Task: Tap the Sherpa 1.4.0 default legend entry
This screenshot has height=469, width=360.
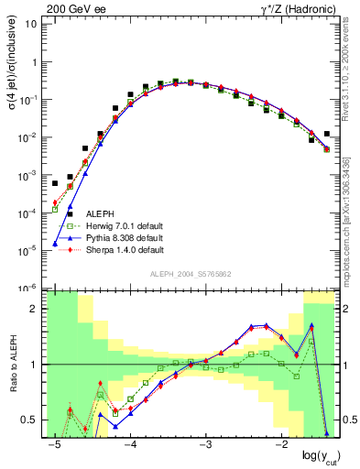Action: (125, 250)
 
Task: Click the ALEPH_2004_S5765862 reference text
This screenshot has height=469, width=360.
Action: (191, 274)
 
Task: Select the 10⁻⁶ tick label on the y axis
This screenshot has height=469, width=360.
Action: (28, 288)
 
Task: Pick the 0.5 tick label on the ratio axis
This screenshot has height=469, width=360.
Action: (29, 420)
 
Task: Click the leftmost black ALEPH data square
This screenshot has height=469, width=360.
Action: (55, 183)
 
